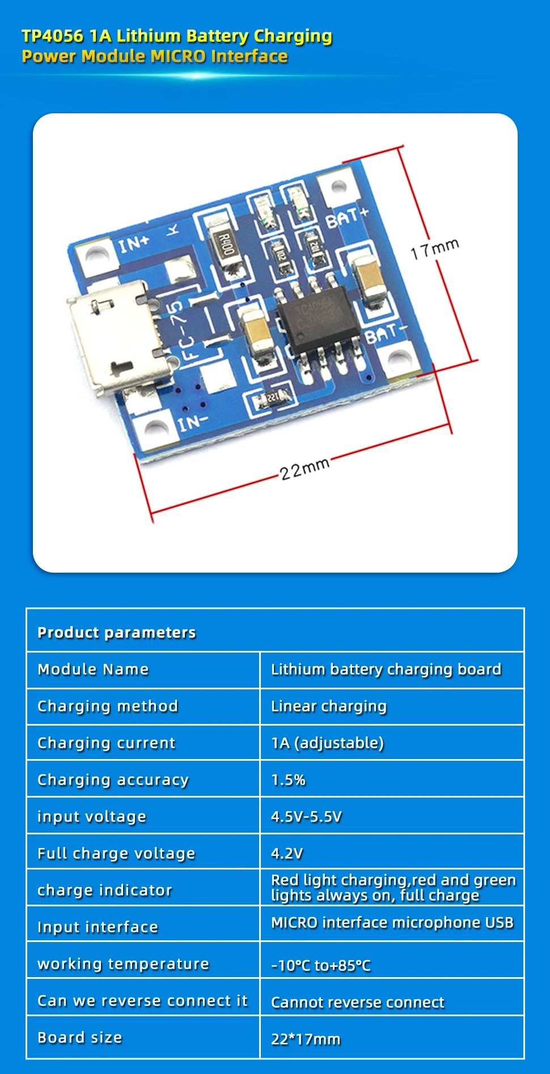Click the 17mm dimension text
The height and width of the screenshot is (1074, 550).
click(434, 249)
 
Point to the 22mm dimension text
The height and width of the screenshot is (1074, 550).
click(304, 468)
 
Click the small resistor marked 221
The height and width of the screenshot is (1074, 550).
click(274, 398)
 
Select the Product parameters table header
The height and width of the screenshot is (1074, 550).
click(117, 632)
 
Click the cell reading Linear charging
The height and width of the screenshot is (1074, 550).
click(329, 706)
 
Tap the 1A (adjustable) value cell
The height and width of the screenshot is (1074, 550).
click(327, 743)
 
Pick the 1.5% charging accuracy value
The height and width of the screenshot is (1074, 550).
click(288, 780)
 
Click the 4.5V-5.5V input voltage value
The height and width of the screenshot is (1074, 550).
click(306, 816)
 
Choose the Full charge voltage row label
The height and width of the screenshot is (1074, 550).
click(116, 853)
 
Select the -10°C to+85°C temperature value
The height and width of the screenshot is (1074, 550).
click(321, 965)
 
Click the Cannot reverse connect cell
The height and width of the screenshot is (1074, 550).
click(357, 1002)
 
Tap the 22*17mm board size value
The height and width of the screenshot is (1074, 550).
click(306, 1039)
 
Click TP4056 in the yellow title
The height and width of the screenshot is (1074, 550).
click(52, 36)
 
